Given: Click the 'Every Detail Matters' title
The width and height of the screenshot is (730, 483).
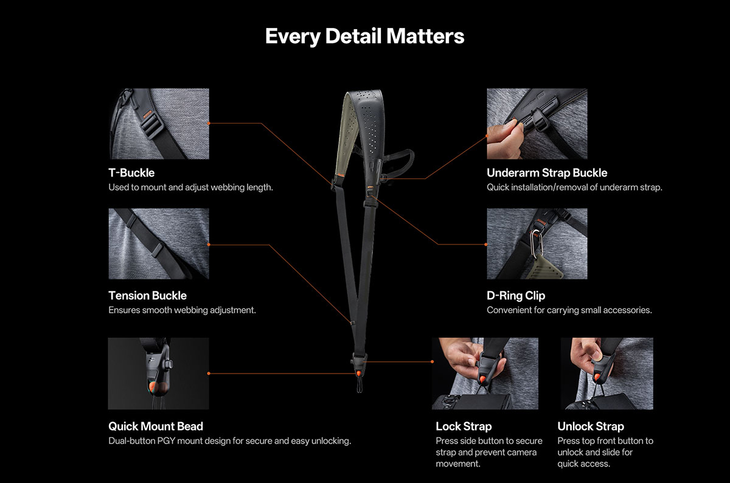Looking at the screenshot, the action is coord(364,36).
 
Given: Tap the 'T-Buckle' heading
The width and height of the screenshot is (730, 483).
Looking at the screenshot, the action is coord(131,173).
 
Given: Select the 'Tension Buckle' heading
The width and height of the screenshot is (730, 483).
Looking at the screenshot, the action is coord(147,296).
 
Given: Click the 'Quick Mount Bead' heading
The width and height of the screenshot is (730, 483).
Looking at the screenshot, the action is coord(156,426).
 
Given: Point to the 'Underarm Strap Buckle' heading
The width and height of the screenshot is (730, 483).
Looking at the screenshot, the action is coord(547,173).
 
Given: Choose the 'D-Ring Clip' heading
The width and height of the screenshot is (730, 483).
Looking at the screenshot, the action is coord(516,296).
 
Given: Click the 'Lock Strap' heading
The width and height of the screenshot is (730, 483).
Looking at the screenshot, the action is coord(464,426).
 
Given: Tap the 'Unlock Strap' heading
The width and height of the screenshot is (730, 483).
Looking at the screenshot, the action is coord(591,426).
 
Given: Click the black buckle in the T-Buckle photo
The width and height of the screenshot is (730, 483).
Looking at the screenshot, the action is coord(152,127).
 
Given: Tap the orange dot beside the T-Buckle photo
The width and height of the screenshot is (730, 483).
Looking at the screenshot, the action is coord(209,123).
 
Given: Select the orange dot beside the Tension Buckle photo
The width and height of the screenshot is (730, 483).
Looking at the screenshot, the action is coord(209,245).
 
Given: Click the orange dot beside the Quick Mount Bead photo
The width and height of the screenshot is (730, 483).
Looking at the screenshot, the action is coord(209,374).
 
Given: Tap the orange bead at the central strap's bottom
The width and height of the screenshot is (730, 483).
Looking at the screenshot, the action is coord(358,373).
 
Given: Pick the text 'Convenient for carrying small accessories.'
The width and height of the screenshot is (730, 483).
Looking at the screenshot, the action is coord(569,310).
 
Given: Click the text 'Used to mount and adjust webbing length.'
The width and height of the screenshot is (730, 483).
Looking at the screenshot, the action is coord(190,187).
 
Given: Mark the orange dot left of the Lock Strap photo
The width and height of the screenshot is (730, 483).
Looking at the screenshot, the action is coord(432,362).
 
